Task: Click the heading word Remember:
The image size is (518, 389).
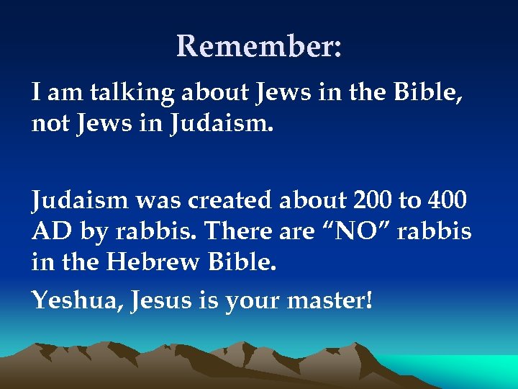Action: point(259,46)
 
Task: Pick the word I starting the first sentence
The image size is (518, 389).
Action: point(35,92)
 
